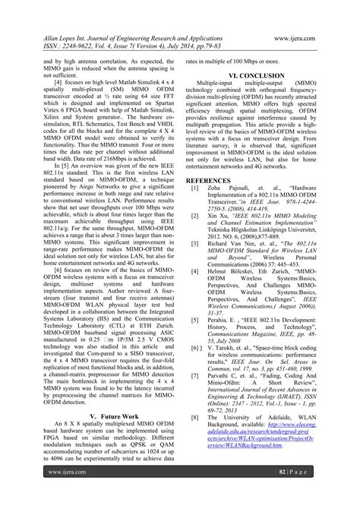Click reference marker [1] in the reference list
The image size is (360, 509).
[195, 187]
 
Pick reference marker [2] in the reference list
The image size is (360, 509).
[195, 216]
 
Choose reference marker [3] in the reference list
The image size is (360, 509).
[195, 245]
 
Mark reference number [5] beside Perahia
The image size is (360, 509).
[195, 320]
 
